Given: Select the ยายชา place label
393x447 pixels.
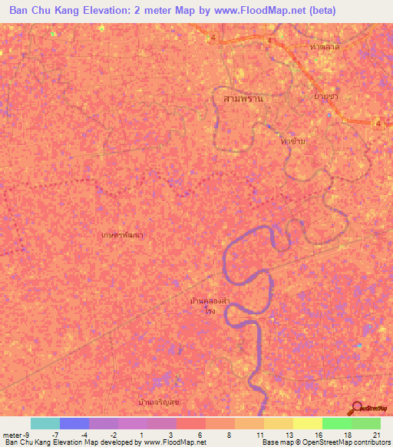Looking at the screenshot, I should pos(325,96).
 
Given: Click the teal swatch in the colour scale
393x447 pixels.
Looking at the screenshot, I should pos(45,423).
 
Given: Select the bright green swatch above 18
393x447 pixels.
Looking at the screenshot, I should pos(336,423).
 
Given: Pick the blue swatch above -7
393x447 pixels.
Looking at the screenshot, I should pos(74,423).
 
